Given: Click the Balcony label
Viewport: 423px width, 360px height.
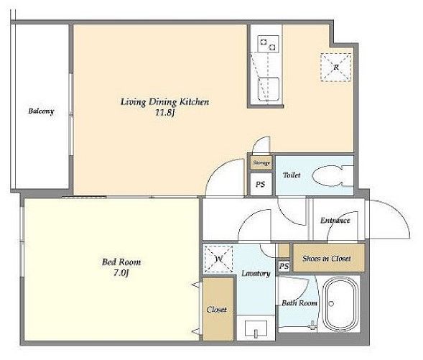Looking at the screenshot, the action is coord(41,111).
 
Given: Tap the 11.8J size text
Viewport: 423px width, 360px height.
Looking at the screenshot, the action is coord(165,113).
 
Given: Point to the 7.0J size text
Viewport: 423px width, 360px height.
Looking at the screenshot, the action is coord(121,273).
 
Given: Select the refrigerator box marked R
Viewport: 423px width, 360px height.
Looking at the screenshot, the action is coord(336,68).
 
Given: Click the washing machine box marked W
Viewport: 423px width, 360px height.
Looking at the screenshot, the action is coord(218,259).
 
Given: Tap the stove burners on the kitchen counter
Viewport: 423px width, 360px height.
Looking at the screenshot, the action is coord(268,44).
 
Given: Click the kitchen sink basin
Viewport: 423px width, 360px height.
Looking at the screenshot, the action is coord(268,89).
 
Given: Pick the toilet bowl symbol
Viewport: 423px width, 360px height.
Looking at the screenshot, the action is coord(333,176).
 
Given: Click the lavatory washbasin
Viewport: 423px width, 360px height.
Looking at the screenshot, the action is coord(256,328).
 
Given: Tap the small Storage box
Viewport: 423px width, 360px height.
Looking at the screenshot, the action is coord(261,162).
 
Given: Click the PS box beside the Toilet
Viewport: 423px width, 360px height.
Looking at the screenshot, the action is coord(260,185).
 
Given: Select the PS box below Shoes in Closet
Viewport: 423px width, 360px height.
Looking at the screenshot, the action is coord(284,267).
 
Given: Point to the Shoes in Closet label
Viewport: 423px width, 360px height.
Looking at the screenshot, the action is coord(327,258).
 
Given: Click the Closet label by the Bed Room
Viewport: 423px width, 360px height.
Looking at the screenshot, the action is coord(217,310).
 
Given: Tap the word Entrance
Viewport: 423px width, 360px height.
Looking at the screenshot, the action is coord(335,221).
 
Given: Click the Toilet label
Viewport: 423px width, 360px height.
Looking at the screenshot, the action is coord(292,175).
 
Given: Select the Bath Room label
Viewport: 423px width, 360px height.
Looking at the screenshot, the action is coord(299,303).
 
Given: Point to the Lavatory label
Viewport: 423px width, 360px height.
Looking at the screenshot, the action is coord(256,273).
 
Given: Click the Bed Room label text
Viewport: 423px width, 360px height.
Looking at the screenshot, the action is coord(121,262).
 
